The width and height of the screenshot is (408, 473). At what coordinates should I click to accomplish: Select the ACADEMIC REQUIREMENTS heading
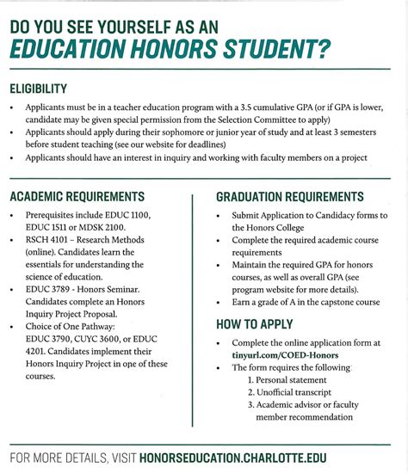[x=77, y=196]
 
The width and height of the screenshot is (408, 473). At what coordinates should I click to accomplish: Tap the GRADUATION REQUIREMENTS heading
[x=289, y=196]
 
